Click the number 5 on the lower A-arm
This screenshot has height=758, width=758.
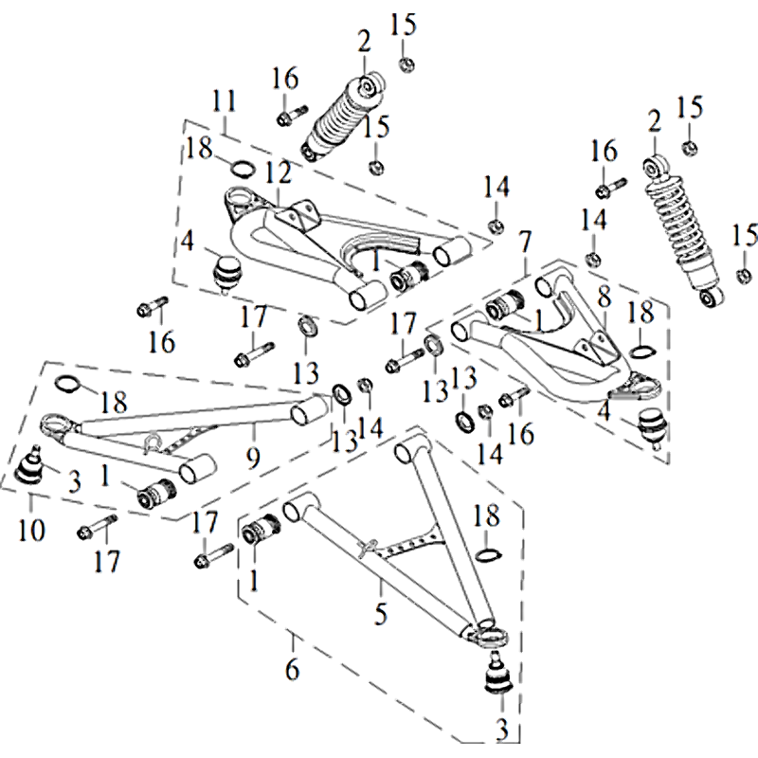coord(380,614)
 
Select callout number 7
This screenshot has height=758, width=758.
coord(527,243)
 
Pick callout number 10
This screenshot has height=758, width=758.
coord(31,530)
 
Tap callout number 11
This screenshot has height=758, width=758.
coord(224,99)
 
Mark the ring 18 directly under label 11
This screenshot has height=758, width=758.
coord(244,169)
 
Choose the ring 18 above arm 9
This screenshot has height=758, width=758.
coord(68,384)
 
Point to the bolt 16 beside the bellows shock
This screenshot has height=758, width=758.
coord(289,116)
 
